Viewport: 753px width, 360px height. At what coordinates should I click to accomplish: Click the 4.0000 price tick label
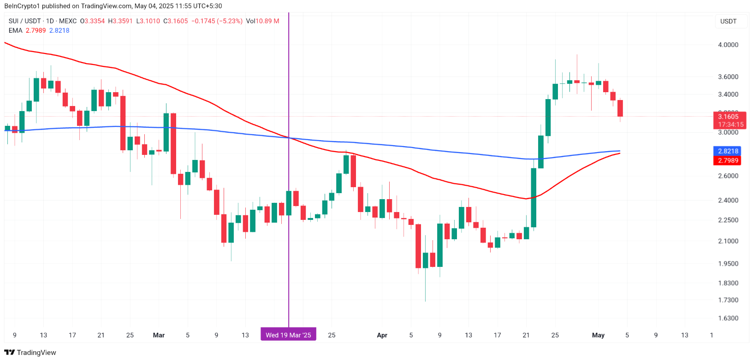(x=728, y=45)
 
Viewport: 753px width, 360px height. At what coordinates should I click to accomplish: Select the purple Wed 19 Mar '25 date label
(x=288, y=335)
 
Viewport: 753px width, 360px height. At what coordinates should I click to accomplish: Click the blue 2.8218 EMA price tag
(x=728, y=151)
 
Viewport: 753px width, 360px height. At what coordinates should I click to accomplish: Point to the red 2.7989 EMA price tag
(x=728, y=160)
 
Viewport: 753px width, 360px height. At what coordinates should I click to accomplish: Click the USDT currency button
(x=728, y=21)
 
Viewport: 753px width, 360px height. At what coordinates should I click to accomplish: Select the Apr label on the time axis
(x=382, y=335)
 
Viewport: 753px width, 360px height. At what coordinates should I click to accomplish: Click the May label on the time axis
(x=598, y=335)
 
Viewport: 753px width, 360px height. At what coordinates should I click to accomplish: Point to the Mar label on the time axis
(x=159, y=335)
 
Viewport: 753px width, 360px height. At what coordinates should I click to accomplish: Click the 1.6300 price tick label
(x=728, y=318)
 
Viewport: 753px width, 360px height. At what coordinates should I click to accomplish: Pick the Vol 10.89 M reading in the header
(x=262, y=21)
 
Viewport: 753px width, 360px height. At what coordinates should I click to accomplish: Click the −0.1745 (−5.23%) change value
(x=217, y=21)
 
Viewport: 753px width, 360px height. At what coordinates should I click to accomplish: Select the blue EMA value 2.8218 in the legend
(x=59, y=30)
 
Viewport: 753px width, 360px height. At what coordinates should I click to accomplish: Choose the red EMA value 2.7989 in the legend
(x=36, y=30)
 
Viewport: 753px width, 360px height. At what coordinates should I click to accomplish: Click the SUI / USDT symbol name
(x=24, y=21)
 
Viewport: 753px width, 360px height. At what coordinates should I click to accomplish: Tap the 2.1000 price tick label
(x=728, y=241)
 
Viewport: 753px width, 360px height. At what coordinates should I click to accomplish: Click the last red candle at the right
(x=620, y=108)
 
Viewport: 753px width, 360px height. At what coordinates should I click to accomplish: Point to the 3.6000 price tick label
(x=728, y=77)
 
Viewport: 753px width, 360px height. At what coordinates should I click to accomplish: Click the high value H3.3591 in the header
(x=120, y=21)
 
